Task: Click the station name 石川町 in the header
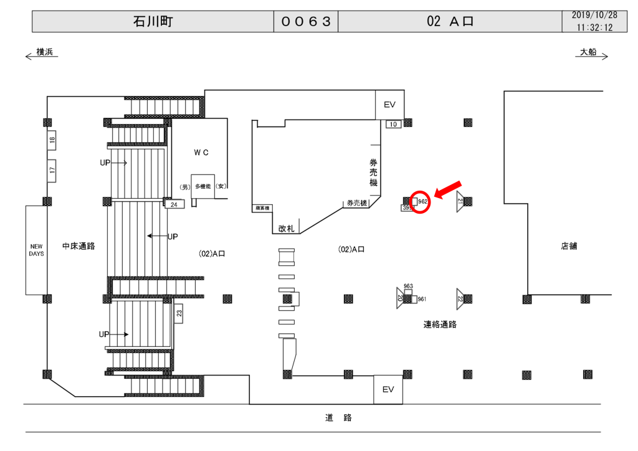153,22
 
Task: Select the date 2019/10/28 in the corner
594,15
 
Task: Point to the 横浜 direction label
44,52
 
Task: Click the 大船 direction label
588,52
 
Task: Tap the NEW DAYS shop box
37,250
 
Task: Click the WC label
201,152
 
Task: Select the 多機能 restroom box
203,186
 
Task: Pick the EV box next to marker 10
389,105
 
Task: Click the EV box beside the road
388,389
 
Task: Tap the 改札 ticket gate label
287,229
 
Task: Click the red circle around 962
421,202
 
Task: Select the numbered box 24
174,204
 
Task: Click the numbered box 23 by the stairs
179,313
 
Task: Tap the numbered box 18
52,141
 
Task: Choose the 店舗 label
569,246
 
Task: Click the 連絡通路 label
440,324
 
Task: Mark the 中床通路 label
79,246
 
